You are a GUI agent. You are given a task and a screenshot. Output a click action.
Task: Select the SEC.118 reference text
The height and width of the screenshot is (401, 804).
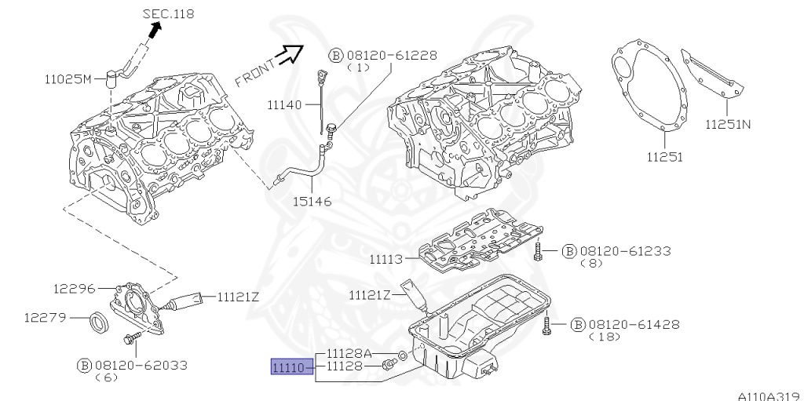tap(169, 14)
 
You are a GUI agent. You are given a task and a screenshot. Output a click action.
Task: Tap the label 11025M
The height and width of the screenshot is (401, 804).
tap(68, 79)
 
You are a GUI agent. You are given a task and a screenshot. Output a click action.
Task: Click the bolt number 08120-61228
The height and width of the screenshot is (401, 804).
tap(390, 55)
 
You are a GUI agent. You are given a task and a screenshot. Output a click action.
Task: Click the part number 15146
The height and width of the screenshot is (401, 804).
tap(311, 201)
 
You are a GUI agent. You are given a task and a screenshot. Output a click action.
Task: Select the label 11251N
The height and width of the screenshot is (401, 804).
tap(727, 124)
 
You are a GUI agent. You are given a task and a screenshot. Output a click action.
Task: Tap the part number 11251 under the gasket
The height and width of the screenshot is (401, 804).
tap(664, 155)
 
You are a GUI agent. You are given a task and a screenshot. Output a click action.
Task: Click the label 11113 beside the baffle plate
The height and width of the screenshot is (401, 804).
tap(386, 258)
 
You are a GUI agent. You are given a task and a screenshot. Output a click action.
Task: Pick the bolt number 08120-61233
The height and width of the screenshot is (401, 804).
tap(625, 251)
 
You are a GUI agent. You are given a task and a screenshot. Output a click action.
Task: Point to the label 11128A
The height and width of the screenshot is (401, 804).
tap(349, 353)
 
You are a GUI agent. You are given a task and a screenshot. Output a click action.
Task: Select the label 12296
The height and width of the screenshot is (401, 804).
tap(75, 289)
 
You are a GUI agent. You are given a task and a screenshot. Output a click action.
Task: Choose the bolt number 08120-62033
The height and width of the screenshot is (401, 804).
tap(141, 365)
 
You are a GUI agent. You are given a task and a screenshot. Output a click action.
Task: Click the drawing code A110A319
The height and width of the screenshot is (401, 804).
tap(767, 396)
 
